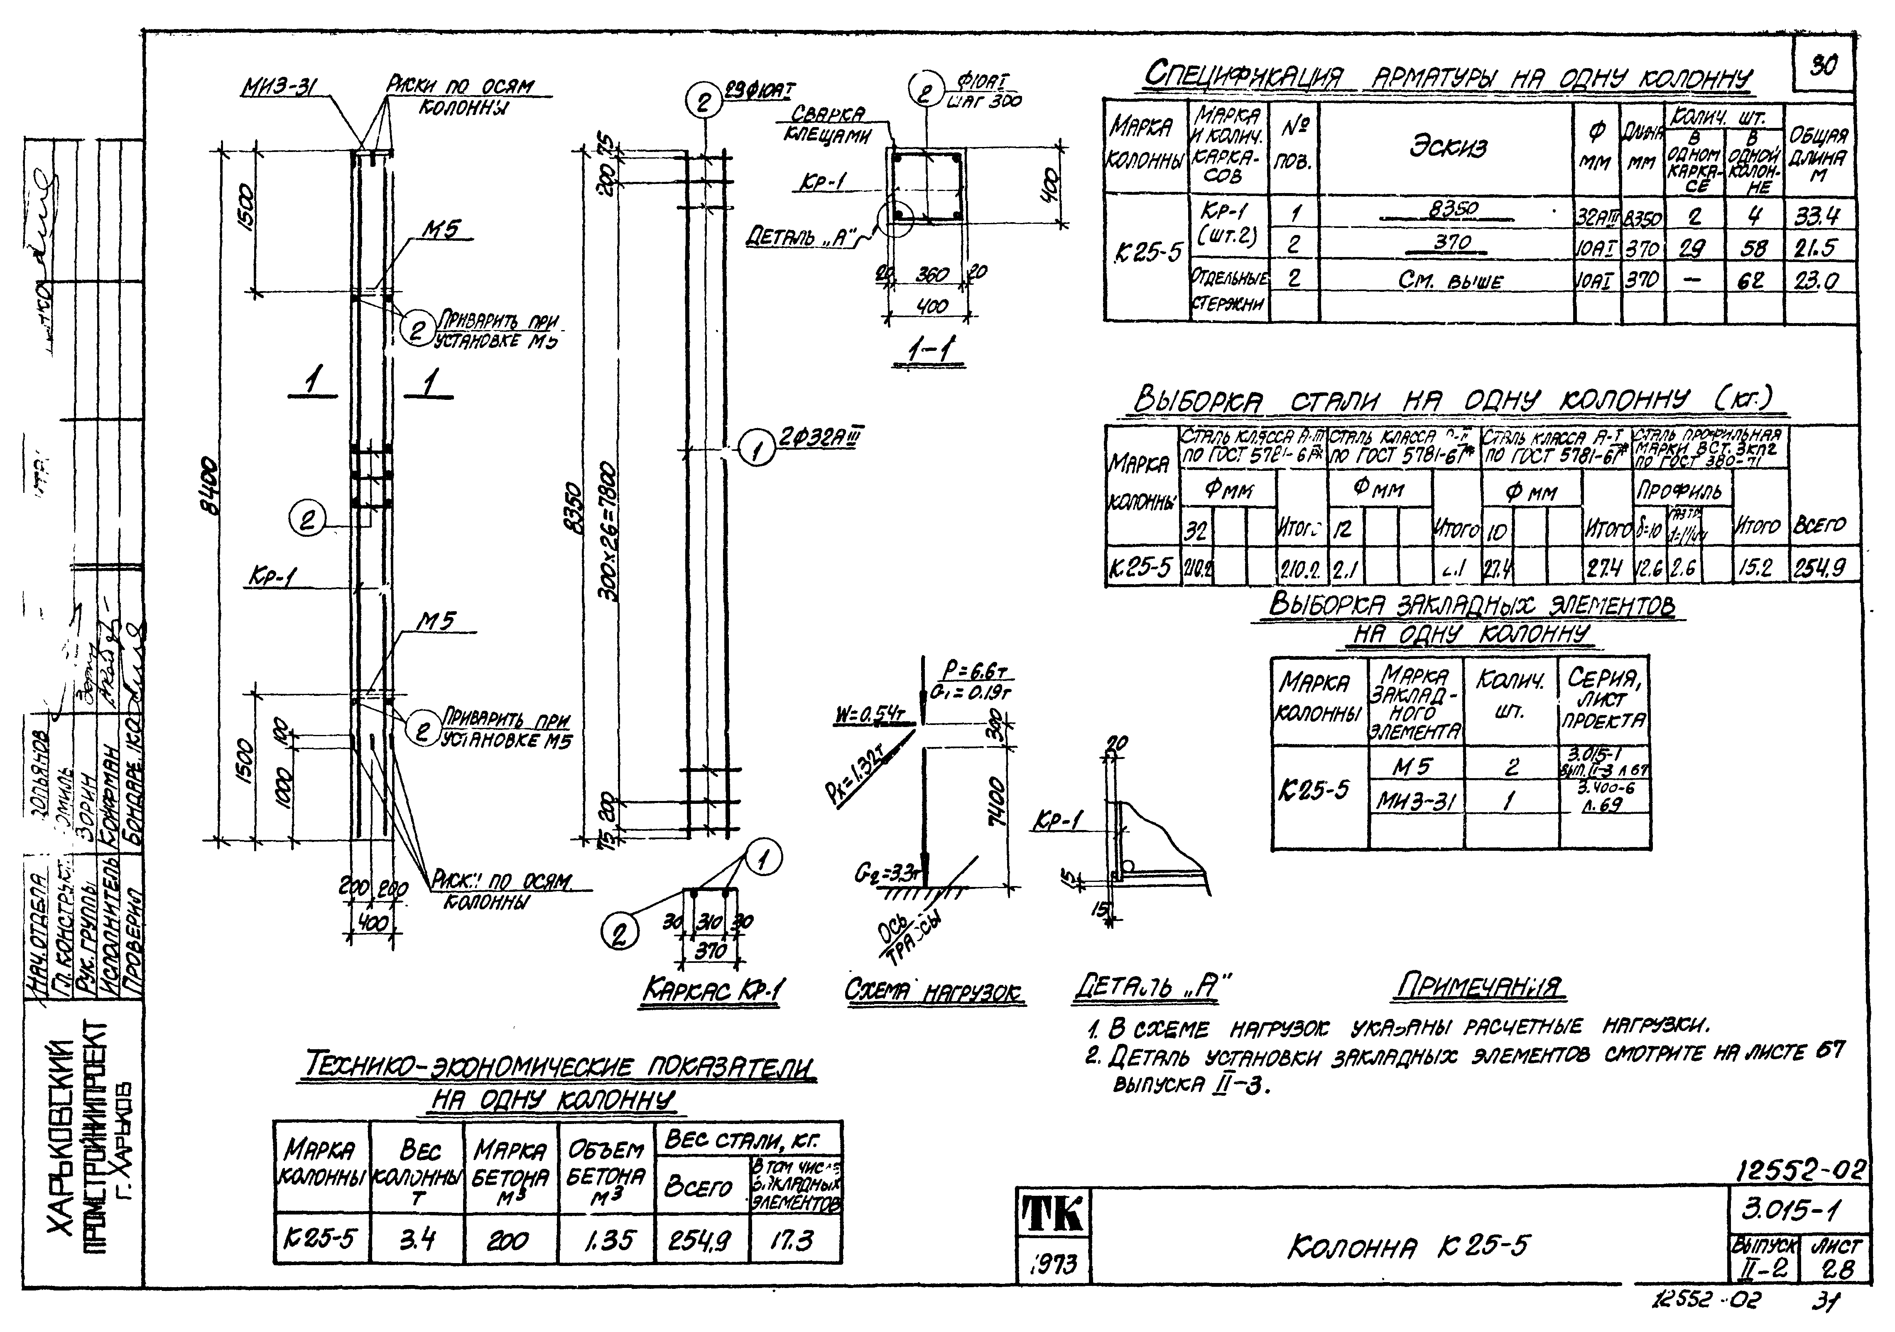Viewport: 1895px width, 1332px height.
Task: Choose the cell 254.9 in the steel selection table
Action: (x=1825, y=568)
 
